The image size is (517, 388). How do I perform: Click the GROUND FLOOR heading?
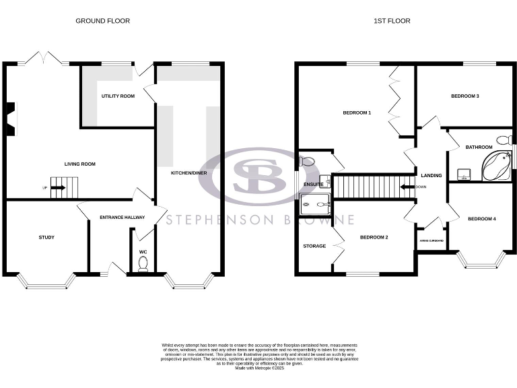(x=102, y=21)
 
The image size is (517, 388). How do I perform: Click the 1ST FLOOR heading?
(x=392, y=21)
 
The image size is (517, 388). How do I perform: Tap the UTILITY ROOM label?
(x=118, y=96)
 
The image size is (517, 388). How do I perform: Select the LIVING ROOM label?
(x=79, y=164)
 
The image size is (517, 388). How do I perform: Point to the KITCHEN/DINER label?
(x=188, y=173)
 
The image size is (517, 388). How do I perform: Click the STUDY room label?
(x=46, y=237)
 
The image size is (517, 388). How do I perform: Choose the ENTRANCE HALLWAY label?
(x=122, y=218)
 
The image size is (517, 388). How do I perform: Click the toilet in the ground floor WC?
(x=143, y=265)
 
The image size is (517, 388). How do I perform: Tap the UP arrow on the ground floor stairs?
(x=57, y=187)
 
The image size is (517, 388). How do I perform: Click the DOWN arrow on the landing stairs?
(x=408, y=187)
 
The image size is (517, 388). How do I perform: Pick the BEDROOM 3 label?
(x=464, y=96)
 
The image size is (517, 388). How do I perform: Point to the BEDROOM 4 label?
(x=481, y=218)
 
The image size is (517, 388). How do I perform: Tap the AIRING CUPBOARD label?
(x=431, y=240)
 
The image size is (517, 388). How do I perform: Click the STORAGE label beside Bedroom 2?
(x=314, y=246)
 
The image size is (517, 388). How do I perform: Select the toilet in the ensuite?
(x=307, y=161)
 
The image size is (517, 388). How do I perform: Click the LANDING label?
(x=431, y=176)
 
